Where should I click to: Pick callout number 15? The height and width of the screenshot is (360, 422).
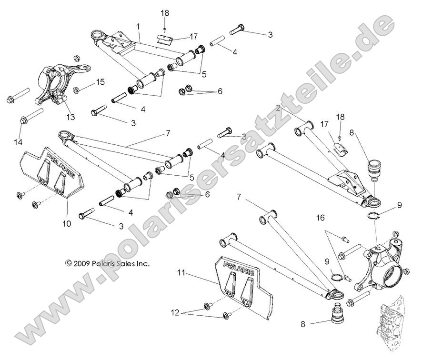(x=100, y=82)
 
